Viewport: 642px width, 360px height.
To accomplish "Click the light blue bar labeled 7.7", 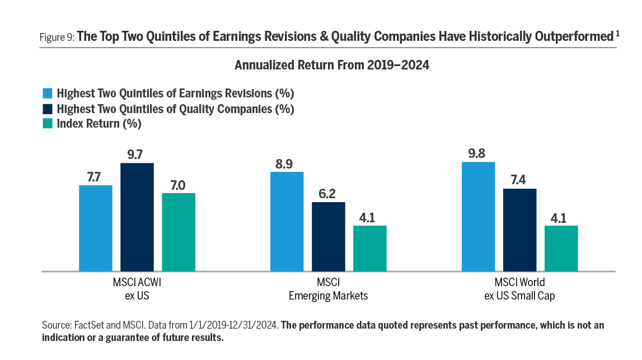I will click(95, 228).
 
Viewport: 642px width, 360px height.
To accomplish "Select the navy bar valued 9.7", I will click(137, 217).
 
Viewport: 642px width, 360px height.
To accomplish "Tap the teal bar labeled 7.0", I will click(178, 232).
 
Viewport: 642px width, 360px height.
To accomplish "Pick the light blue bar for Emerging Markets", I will click(287, 222).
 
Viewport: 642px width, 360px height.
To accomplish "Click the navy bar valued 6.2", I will click(328, 237).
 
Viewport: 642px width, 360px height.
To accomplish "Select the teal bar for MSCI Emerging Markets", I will click(369, 249).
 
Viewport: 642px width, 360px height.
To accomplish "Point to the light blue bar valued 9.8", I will click(478, 217).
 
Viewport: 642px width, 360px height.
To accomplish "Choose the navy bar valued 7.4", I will click(519, 230).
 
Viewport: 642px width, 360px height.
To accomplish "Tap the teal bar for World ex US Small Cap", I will click(561, 249).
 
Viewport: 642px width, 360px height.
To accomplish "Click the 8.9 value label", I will click(287, 163).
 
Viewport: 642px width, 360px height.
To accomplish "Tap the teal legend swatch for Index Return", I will click(48, 124).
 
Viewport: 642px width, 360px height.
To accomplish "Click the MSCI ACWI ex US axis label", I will click(137, 289).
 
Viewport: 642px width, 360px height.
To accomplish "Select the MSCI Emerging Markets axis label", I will click(328, 289).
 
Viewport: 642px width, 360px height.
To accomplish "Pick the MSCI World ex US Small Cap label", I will click(519, 289).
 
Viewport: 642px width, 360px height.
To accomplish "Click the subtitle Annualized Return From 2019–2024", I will click(332, 66).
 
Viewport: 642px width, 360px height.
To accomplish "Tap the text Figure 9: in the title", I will click(56, 38).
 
